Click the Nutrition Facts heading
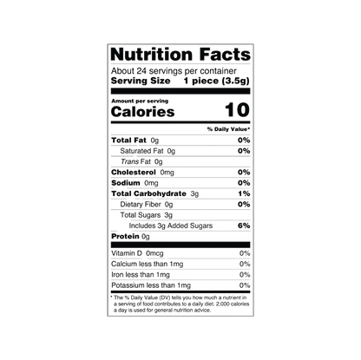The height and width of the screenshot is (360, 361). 180,55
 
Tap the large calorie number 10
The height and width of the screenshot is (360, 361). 237,110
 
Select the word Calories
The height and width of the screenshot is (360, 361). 143,112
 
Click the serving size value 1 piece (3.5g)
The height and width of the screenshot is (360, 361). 216,81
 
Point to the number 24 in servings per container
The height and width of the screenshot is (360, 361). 141,71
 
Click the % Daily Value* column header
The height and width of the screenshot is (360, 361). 228,129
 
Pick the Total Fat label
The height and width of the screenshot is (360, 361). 128,141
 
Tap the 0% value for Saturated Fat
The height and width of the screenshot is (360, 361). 244,151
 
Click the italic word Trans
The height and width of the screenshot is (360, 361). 129,161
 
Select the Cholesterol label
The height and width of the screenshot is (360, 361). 134,173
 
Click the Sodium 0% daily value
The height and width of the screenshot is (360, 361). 244,183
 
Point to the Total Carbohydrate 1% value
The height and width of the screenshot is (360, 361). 244,193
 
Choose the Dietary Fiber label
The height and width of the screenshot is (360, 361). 141,205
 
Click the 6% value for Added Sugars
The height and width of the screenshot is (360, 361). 244,226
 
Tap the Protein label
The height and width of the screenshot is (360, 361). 125,237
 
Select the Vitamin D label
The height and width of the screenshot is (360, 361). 127,253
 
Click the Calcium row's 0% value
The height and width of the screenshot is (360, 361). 245,264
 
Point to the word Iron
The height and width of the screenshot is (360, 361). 117,275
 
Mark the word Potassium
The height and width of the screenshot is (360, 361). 128,285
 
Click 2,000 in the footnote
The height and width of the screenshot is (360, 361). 223,304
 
